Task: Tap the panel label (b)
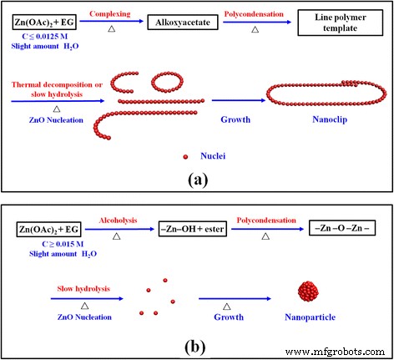click(196, 344)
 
